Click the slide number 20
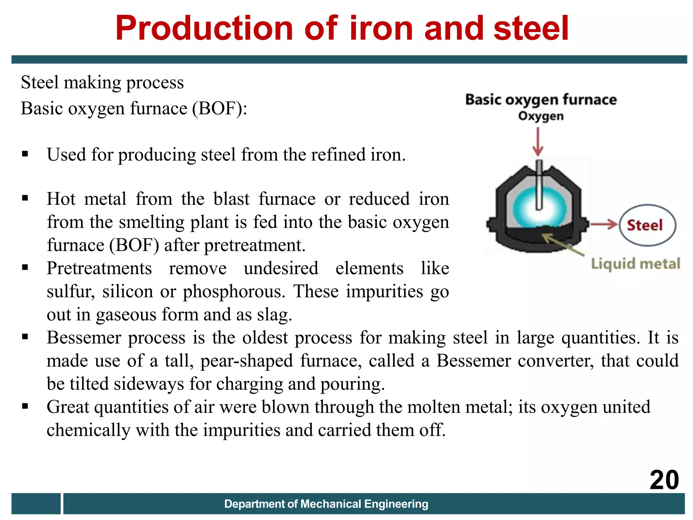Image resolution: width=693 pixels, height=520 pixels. tap(664, 480)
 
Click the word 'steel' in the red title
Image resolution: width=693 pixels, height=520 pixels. tap(531, 28)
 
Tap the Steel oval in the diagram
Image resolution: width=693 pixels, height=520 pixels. tap(647, 225)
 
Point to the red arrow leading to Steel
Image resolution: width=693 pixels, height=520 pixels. tap(604, 224)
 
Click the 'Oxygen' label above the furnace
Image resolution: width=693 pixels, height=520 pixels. tap(541, 116)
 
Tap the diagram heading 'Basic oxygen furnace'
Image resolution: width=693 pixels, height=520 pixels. tap(541, 100)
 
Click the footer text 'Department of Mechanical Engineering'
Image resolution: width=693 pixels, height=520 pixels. tap(326, 504)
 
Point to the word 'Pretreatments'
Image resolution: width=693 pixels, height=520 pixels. tap(99, 268)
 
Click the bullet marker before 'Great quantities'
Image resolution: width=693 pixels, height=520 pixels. tap(25, 406)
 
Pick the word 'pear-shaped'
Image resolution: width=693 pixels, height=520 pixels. tap(247, 361)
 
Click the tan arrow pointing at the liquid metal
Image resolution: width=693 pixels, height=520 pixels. tap(563, 244)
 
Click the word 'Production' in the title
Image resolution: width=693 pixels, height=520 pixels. tap(204, 28)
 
